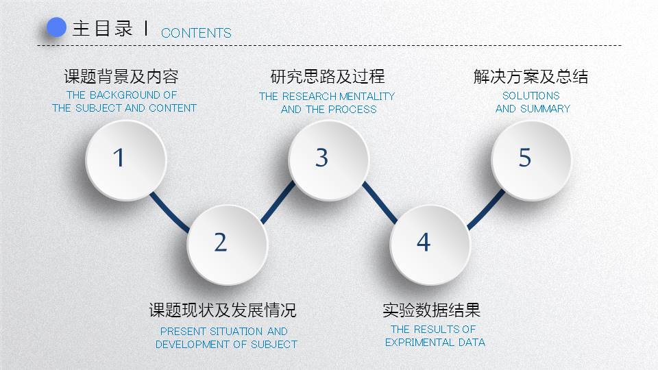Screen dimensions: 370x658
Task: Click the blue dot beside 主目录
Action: pyautogui.click(x=56, y=28)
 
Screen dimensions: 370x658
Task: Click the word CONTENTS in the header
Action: pyautogui.click(x=196, y=33)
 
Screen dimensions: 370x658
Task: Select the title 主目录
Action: pyautogui.click(x=102, y=29)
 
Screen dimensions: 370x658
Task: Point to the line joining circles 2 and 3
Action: pyautogui.click(x=276, y=203)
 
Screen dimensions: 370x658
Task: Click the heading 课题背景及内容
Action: pyautogui.click(x=121, y=76)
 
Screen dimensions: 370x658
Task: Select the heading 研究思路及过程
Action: pyautogui.click(x=328, y=76)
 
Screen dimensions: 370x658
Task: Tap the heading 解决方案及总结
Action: pyautogui.click(x=531, y=76)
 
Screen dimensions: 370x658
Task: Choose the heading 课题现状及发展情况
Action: pyautogui.click(x=223, y=310)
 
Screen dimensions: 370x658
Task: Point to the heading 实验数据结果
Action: pyautogui.click(x=431, y=310)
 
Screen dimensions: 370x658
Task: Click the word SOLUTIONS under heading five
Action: pyautogui.click(x=531, y=96)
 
